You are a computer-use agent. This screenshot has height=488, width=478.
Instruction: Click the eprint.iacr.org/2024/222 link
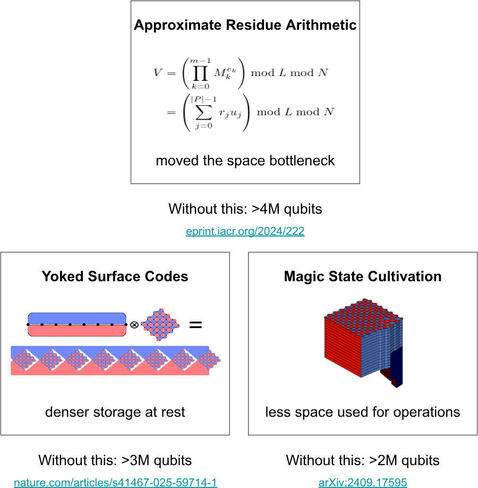[x=245, y=231]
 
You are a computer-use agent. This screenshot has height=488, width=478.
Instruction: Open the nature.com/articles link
[x=115, y=482]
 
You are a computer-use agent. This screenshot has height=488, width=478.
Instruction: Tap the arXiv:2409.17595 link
[x=363, y=482]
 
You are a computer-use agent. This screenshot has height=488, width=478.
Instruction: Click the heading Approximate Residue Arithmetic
[x=245, y=25]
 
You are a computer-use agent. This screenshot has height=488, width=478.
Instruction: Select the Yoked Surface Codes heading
[x=115, y=276]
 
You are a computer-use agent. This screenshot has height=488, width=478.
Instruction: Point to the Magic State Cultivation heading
[x=363, y=276]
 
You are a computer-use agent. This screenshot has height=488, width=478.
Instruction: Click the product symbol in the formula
[x=200, y=73]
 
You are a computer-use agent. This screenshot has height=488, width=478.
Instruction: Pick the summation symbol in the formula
[x=204, y=112]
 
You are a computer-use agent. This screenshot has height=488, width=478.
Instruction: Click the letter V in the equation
[x=157, y=72]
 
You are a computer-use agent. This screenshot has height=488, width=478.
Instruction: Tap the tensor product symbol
[x=134, y=325]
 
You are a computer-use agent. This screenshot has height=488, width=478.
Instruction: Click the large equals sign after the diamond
[x=195, y=325]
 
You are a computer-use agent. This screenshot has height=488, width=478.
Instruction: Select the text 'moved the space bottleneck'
[x=245, y=161]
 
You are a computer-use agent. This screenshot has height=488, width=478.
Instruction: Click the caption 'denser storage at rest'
[x=115, y=412]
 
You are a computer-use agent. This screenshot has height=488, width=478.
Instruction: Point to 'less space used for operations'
[x=363, y=412]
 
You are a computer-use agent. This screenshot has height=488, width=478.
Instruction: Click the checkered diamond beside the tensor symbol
[x=160, y=325]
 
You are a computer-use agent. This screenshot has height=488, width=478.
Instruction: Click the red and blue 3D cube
[x=364, y=342]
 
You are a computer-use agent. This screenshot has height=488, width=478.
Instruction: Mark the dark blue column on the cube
[x=397, y=366]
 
